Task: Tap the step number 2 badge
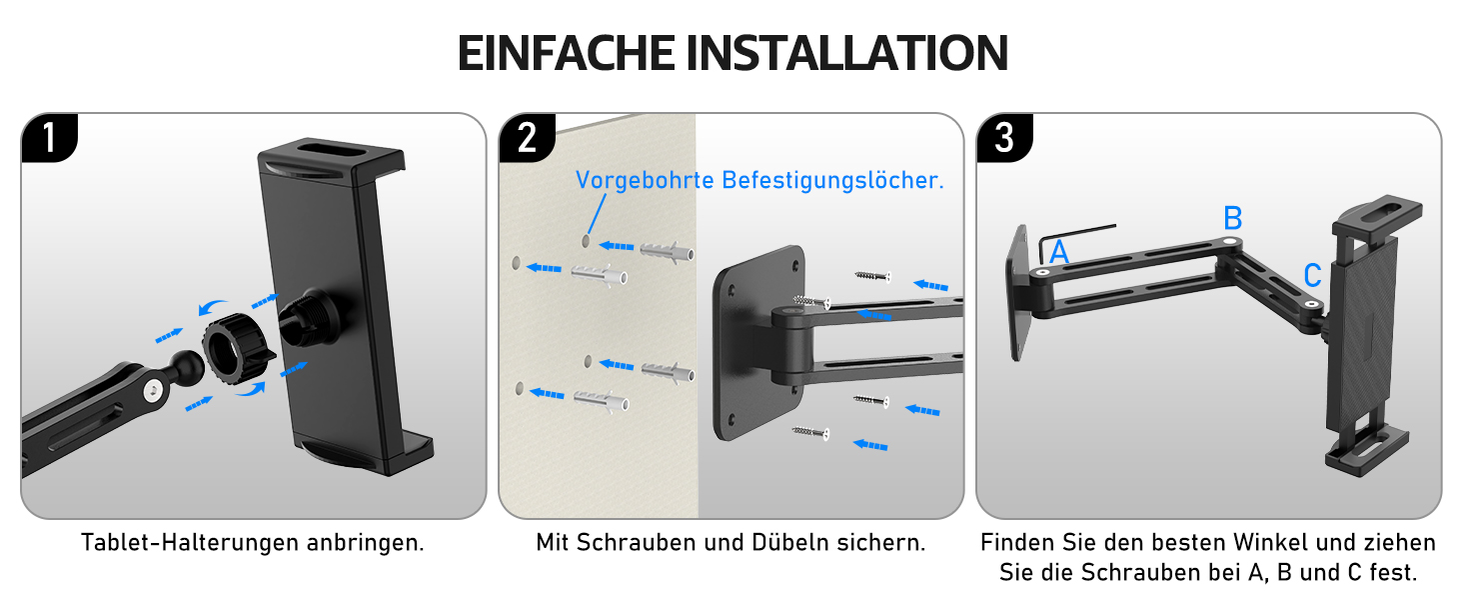pos(527,138)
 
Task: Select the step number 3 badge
pos(1004,138)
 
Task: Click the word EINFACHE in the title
pos(566,53)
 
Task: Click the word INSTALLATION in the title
pos(847,53)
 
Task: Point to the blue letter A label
pos(1058,252)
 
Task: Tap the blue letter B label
pos(1232,218)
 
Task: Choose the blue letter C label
pos(1313,276)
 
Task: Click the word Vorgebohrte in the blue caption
pos(645,180)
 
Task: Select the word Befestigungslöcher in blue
pos(832,180)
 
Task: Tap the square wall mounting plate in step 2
pos(758,342)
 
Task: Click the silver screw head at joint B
pos(1230,242)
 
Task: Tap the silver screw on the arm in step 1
pos(153,392)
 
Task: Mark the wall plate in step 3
pos(1019,292)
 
